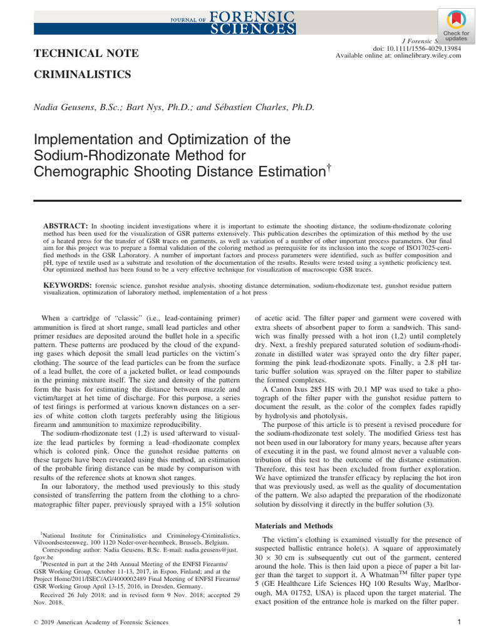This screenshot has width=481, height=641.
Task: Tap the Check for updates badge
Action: point(456,26)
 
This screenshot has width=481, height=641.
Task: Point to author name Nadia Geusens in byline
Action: point(63,107)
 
